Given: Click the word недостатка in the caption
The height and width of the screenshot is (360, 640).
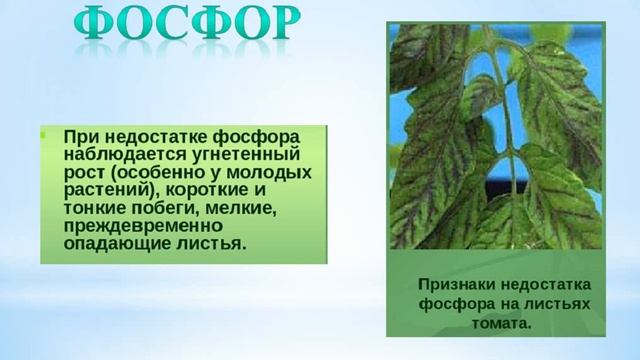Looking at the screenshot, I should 545,283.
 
